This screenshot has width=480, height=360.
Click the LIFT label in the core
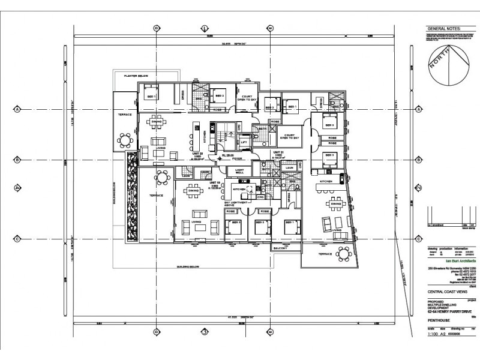244,142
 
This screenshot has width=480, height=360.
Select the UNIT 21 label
278,153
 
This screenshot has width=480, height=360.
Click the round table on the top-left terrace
125,140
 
